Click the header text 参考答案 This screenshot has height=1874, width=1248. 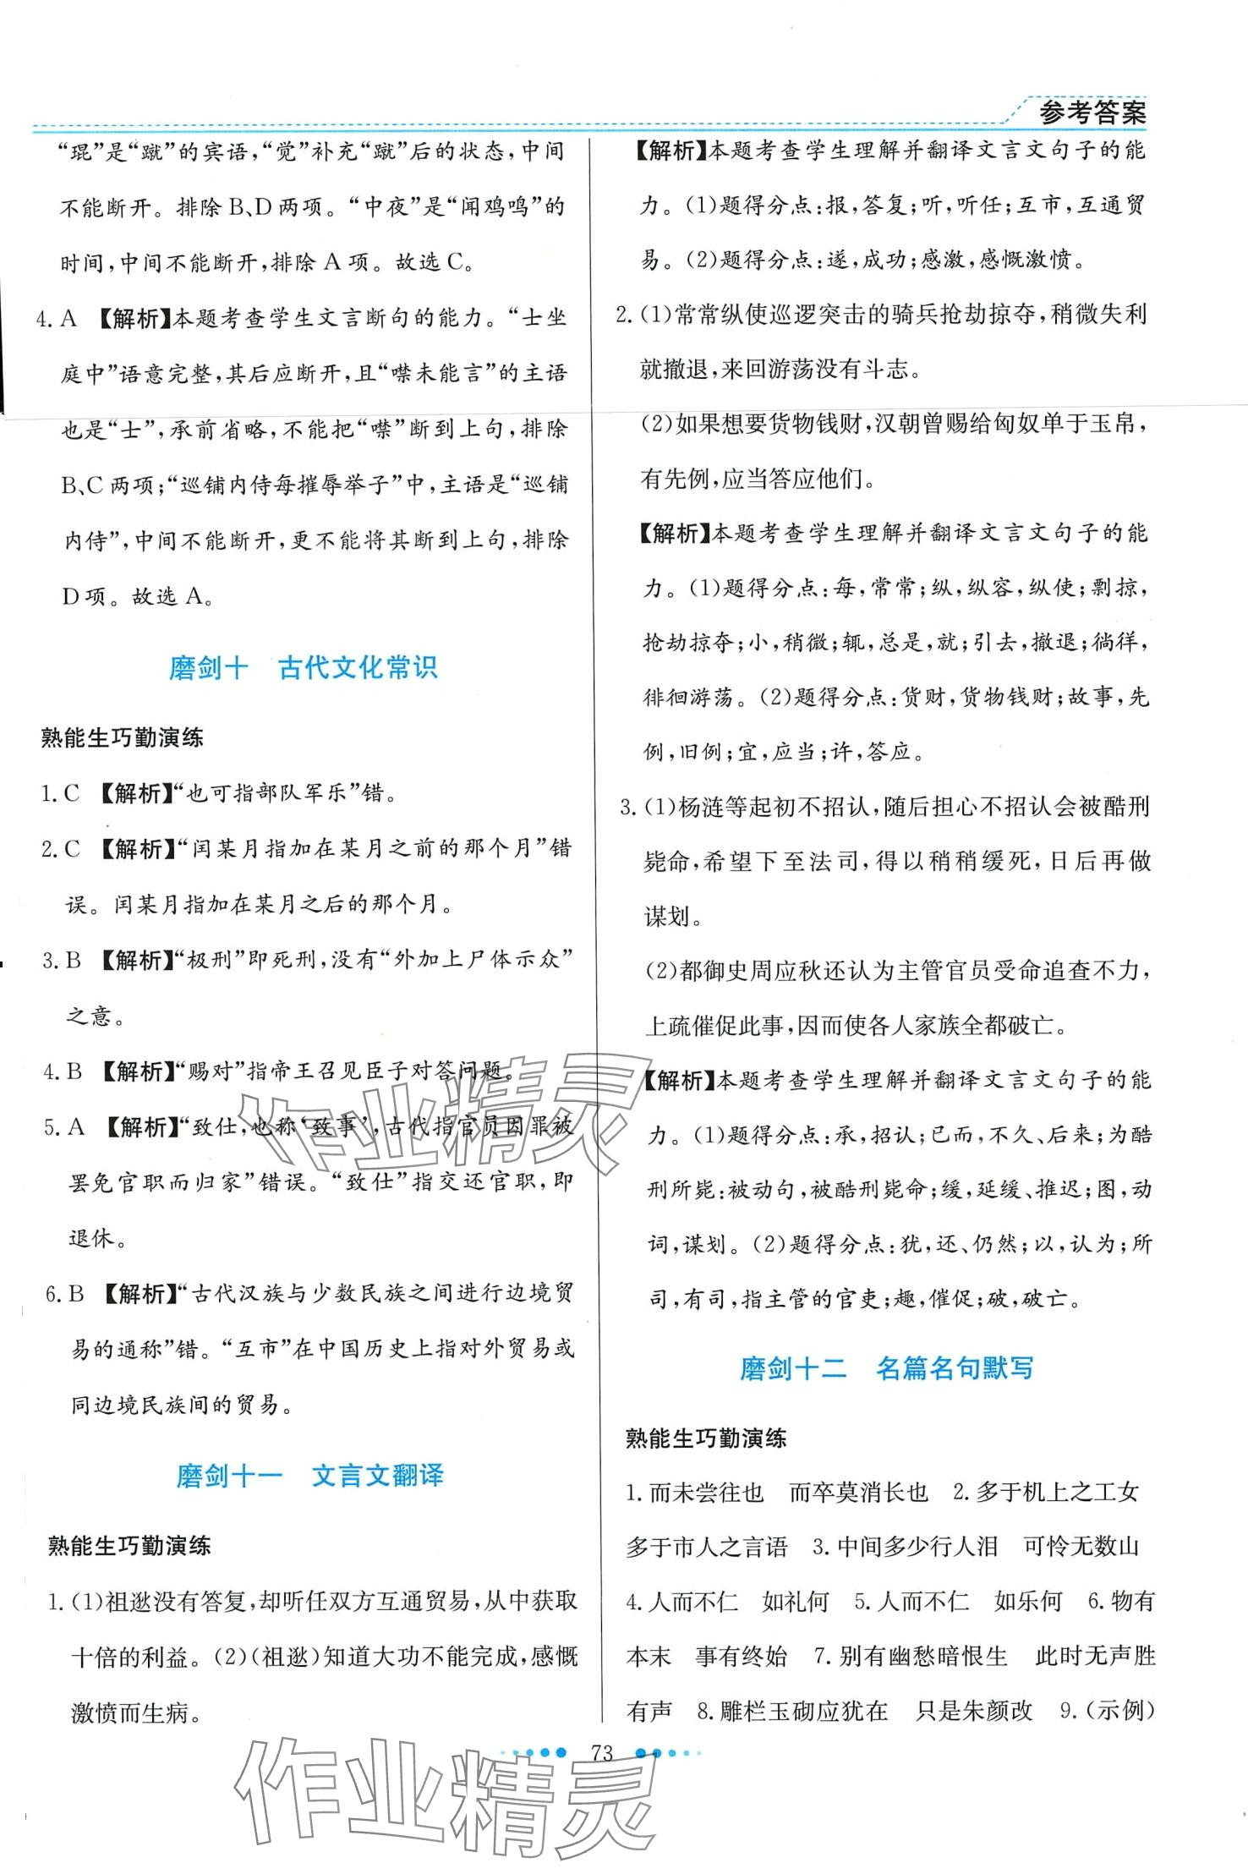coord(1092,112)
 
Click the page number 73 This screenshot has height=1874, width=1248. coord(602,1753)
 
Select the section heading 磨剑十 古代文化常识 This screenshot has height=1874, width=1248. coord(303,668)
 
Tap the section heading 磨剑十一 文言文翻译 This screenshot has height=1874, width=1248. coord(309,1476)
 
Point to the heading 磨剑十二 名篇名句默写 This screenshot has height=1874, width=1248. coord(886,1367)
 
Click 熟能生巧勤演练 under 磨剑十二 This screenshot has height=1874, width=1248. coord(706,1438)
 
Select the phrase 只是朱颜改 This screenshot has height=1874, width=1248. coord(974,1711)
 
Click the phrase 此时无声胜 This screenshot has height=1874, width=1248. coord(1095,1656)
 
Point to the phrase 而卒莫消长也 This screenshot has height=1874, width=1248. coord(858,1492)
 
